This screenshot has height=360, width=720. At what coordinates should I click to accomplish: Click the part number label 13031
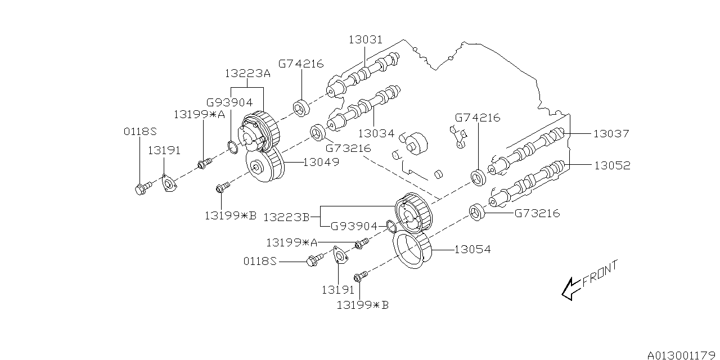click(x=365, y=40)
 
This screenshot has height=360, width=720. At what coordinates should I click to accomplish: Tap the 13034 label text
click(x=375, y=133)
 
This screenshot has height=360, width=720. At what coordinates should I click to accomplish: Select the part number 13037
click(x=611, y=134)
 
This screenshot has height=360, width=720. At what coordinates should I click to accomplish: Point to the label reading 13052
click(x=612, y=166)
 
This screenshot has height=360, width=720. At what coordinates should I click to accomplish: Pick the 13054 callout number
click(x=472, y=249)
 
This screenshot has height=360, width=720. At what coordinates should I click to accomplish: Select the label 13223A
click(x=247, y=74)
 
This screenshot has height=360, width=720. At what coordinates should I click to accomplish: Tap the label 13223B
click(x=287, y=217)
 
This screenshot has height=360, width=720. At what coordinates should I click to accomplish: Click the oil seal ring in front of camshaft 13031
click(x=302, y=107)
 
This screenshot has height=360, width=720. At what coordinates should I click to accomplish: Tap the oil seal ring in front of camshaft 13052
click(x=478, y=213)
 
